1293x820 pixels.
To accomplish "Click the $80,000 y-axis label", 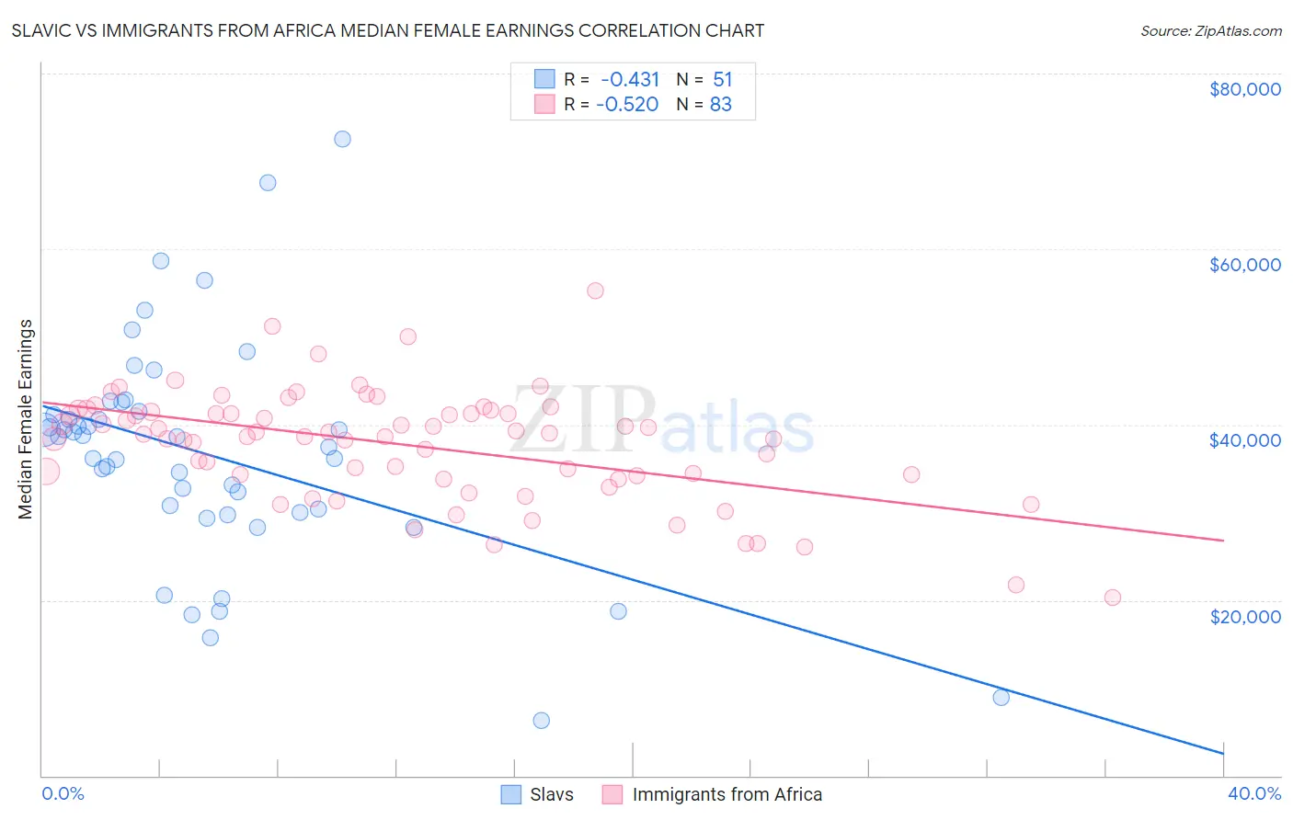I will point(1244,89).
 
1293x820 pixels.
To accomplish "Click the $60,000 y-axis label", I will point(1244,265).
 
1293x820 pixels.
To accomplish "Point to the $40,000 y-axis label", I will point(1244,440).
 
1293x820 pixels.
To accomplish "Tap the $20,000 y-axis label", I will point(1244,616).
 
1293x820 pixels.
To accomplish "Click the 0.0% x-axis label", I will point(63,794).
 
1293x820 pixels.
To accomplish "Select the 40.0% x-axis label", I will point(1253,794).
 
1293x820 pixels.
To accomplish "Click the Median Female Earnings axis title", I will point(26,419).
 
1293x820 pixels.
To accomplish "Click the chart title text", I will point(386,30).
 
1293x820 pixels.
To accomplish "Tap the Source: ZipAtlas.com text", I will point(1210,30).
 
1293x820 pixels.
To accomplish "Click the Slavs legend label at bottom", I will point(551,794).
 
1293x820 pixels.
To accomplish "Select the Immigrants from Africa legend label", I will point(727,794).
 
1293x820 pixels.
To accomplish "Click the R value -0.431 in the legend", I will point(630,79).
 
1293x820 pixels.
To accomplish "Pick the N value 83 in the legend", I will point(720,105).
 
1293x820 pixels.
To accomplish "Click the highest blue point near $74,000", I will point(342,139).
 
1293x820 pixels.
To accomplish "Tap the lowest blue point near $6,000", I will point(542,721).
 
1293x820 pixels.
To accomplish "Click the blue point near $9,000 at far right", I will point(1001,698).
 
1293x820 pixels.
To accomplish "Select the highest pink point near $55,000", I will point(595,290).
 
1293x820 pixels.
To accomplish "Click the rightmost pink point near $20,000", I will point(1113,598).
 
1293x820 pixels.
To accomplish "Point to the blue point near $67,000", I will point(268,183).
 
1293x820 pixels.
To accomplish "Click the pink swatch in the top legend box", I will point(544,105).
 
